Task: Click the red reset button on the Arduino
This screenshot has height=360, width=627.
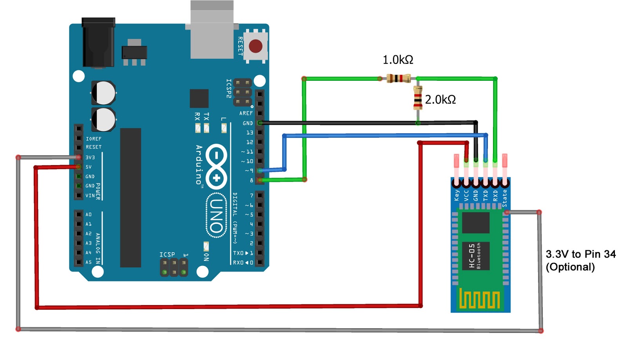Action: coord(256,46)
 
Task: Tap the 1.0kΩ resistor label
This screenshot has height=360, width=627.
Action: coord(398,60)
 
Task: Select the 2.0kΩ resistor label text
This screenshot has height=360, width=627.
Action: coord(440,100)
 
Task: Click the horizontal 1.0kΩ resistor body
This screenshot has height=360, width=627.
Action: coord(398,78)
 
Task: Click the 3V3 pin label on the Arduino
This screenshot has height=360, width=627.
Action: coord(90,157)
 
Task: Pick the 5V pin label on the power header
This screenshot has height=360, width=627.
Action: coord(89,167)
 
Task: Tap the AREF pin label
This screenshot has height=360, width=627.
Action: coord(246,113)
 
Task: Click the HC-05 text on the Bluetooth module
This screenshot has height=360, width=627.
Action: coord(472,256)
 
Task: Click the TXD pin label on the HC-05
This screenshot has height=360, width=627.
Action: coord(486,195)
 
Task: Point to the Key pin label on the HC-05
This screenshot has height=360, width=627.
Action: coord(457,195)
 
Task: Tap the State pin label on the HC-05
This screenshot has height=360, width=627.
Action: coord(505,198)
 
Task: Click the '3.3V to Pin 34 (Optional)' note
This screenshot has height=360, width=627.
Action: coord(580,260)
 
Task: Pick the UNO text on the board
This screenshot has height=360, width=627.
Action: coord(216,215)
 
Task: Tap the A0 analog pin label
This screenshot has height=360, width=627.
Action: coord(89,215)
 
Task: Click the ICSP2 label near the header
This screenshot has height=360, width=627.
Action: coord(229,88)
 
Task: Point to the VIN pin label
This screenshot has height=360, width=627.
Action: coord(90,195)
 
